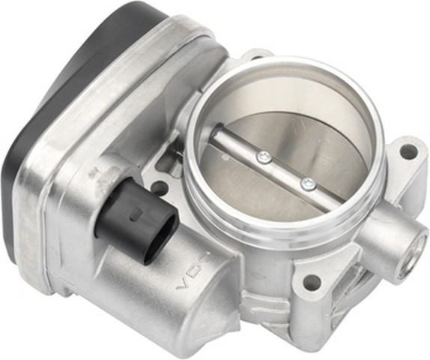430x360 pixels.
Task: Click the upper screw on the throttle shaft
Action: click(264, 157)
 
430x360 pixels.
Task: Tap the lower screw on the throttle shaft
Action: click(308, 184)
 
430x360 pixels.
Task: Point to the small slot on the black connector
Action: click(136, 214)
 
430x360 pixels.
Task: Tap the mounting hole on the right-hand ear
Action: click(408, 151)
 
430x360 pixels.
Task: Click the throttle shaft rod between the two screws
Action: click(286, 170)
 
